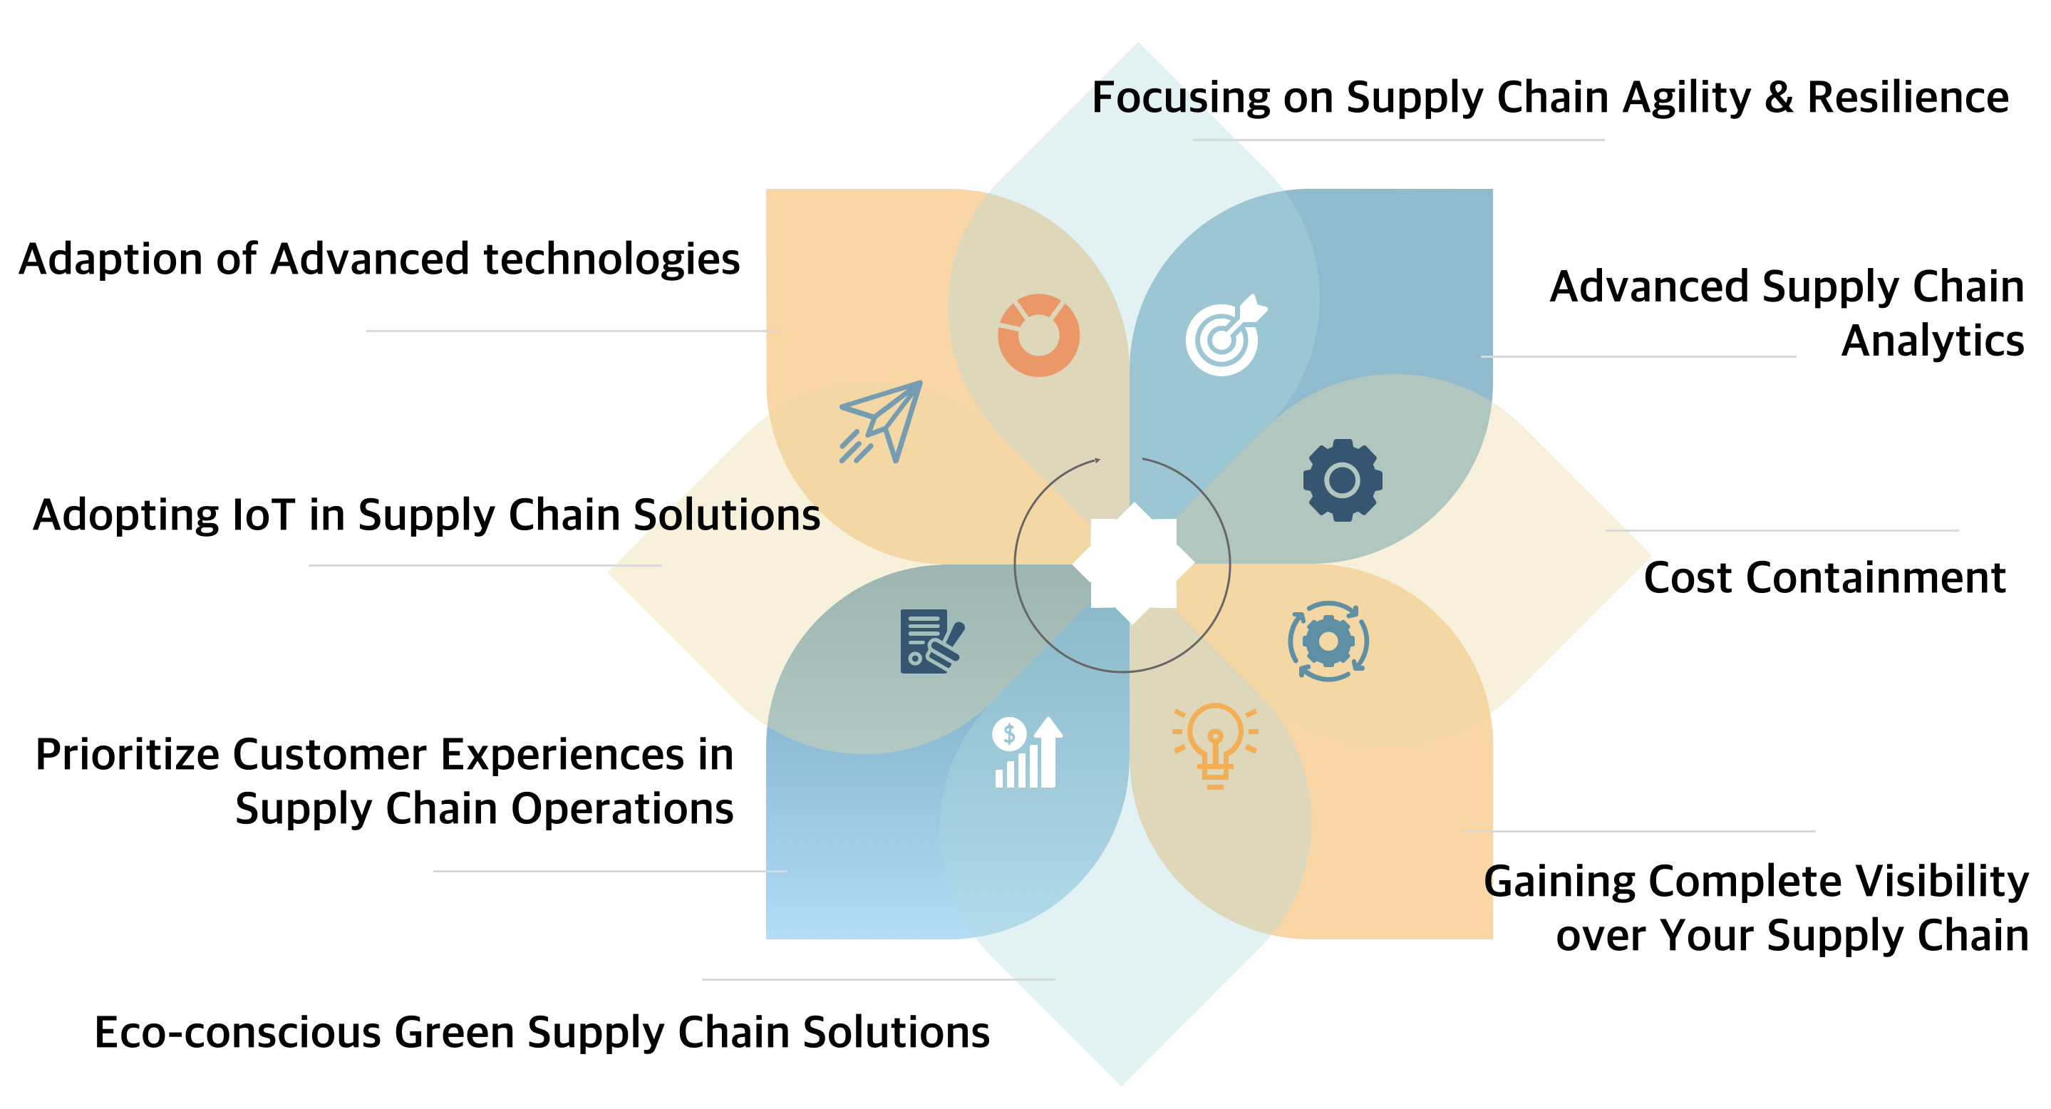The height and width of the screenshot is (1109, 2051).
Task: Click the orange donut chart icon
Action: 1038,335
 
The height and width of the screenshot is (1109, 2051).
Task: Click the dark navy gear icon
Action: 1343,480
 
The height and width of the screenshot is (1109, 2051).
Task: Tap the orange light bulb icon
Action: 1214,744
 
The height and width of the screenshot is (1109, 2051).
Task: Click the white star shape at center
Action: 1133,564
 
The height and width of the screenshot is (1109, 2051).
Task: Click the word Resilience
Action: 1908,98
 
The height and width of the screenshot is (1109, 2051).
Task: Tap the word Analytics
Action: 1933,341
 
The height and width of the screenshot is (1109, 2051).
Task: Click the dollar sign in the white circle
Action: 1009,733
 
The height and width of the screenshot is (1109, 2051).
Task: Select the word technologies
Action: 611,259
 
